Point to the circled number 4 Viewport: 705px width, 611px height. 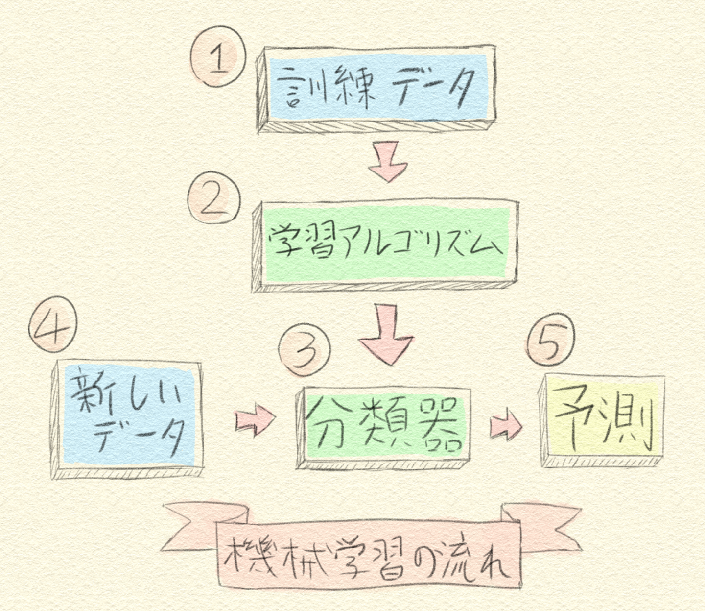point(53,324)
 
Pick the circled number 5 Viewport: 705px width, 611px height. point(551,339)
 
